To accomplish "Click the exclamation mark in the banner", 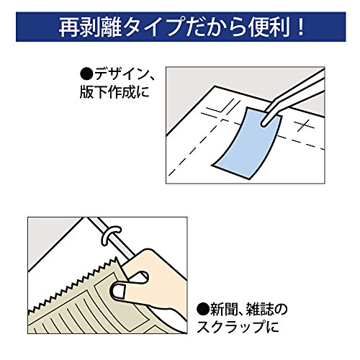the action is tap(300, 27).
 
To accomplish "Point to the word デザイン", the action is tap(121, 74).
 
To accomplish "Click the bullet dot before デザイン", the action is tap(86, 74).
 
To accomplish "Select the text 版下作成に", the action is tap(114, 91).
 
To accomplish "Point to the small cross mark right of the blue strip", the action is tap(305, 125).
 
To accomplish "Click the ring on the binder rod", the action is tap(111, 234).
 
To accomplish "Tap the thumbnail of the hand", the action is tap(119, 292).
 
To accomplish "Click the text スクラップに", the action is tap(238, 327).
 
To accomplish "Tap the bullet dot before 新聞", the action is tap(203, 310).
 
